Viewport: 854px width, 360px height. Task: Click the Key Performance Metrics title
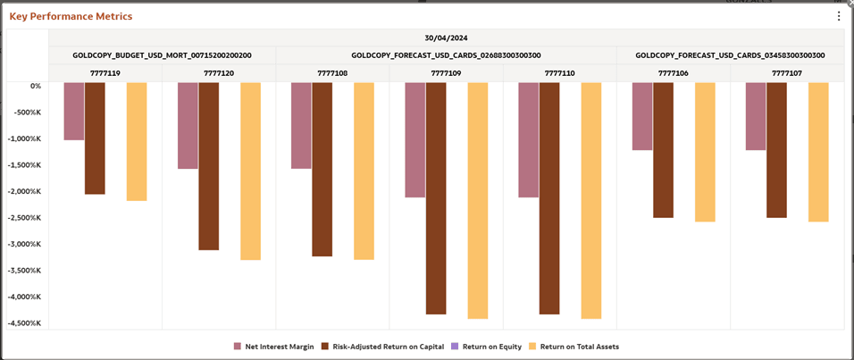point(71,16)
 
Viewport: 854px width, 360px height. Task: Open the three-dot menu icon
point(838,16)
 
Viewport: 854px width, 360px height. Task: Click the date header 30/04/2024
point(446,38)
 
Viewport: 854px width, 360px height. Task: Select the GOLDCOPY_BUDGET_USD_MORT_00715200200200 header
point(162,55)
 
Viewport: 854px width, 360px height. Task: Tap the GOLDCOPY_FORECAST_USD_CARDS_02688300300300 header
point(446,55)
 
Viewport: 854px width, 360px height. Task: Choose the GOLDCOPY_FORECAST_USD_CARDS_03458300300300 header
point(730,55)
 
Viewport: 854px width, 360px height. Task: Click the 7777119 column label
point(105,73)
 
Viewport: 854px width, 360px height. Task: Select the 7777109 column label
point(446,73)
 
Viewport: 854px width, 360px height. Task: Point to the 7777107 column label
point(786,73)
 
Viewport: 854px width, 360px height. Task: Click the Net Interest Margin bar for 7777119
point(73,112)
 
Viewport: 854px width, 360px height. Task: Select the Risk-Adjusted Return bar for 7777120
point(208,166)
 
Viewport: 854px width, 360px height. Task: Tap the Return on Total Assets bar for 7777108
point(364,171)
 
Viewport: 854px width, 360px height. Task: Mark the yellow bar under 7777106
point(705,152)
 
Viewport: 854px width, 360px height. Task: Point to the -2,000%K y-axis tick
point(23,191)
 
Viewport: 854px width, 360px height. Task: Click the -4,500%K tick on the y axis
point(23,323)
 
